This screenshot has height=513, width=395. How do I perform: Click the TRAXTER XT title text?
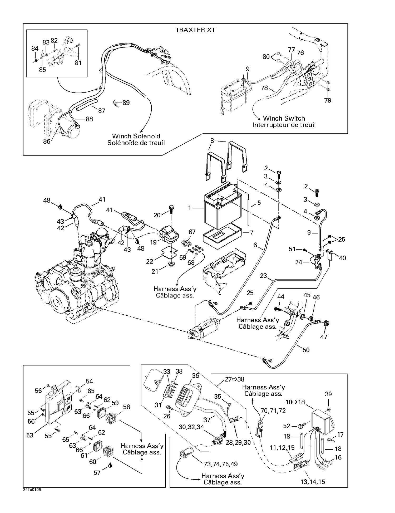point(195,30)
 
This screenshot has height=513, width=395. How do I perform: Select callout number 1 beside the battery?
point(189,208)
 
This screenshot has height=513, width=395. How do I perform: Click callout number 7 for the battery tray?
point(252,232)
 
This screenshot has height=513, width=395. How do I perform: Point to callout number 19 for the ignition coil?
point(154,242)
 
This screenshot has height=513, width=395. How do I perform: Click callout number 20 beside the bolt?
point(157,215)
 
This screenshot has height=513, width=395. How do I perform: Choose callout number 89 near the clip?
point(126,102)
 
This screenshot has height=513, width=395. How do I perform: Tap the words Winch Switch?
point(284,118)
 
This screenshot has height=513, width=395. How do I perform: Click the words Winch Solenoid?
point(136,136)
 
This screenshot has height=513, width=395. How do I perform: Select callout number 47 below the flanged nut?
point(323,337)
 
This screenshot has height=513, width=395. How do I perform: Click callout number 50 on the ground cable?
point(306,350)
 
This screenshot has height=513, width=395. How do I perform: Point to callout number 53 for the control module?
point(30,435)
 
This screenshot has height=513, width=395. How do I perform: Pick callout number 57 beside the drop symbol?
point(97,473)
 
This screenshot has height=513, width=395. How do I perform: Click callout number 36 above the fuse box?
point(195,375)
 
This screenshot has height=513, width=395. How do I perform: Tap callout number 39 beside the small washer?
point(328,394)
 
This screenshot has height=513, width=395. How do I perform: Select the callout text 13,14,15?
point(313,482)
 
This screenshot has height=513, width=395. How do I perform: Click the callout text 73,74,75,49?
point(220,464)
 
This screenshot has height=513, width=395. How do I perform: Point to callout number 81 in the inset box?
point(78,63)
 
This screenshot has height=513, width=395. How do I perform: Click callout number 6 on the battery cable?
point(255,245)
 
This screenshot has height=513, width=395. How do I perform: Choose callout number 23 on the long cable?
point(263,276)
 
